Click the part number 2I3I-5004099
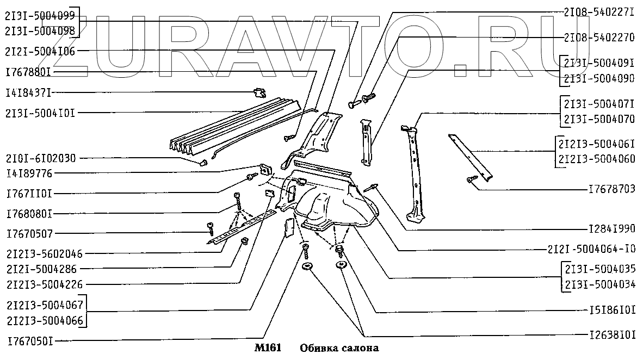40,16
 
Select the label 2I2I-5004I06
40,52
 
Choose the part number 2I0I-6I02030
40,158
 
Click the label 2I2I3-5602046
44,254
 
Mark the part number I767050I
30,341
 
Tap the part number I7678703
611,189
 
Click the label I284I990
612,229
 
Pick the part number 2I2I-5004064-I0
591,249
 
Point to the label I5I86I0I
612,309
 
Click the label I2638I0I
612,335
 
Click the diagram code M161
268,348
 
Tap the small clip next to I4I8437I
259,94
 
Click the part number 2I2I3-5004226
44,284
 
